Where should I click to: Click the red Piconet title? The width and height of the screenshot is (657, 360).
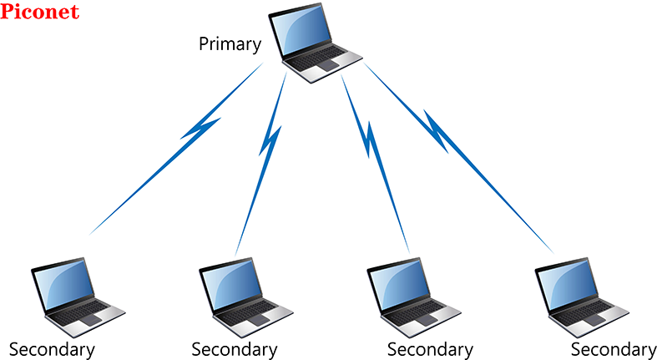click(40, 13)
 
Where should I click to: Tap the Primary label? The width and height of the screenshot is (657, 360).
click(230, 43)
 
